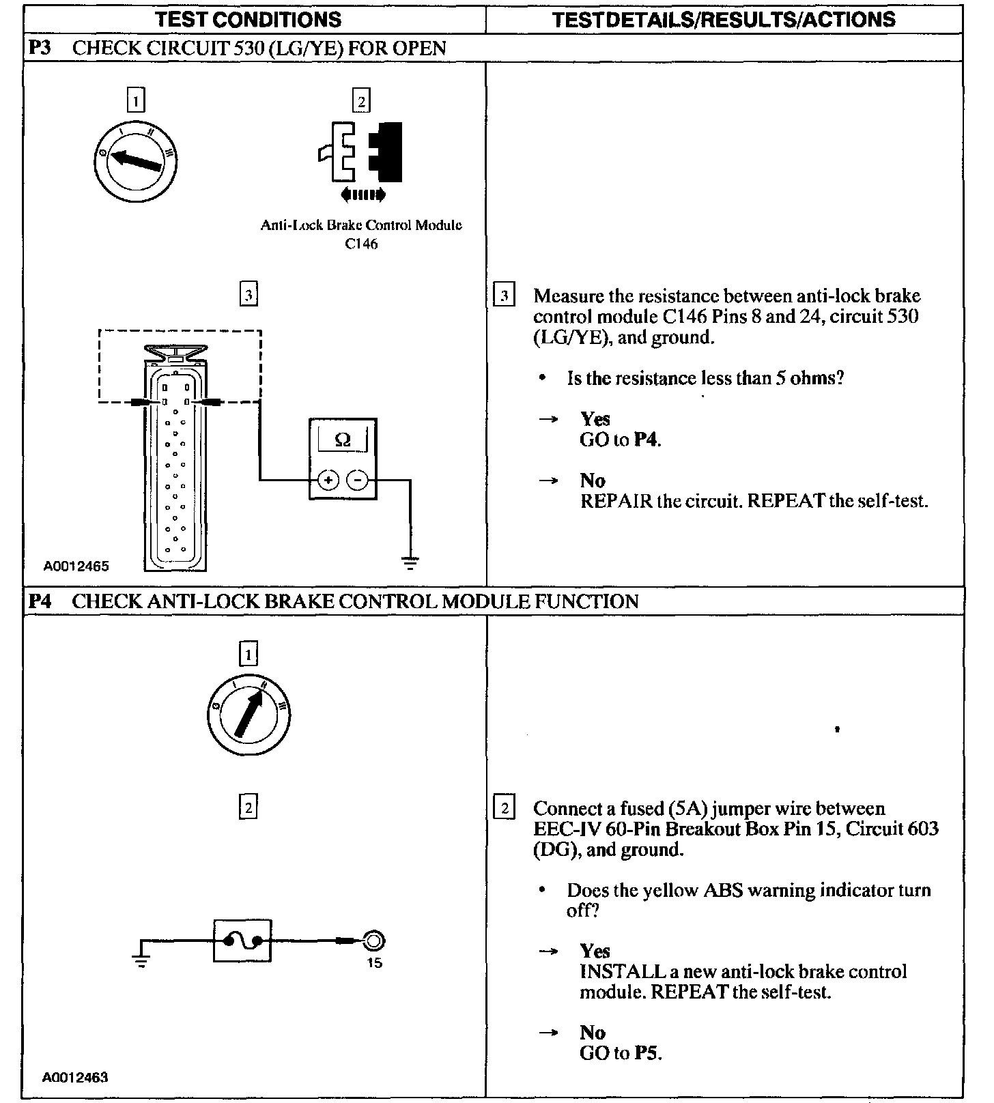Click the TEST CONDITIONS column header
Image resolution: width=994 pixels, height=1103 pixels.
point(248,19)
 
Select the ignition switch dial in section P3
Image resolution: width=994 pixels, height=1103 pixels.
point(135,161)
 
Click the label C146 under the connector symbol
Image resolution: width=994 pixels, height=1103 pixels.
point(361,244)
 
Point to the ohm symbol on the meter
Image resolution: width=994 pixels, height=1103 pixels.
point(343,440)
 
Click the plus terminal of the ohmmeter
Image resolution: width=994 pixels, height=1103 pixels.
point(328,481)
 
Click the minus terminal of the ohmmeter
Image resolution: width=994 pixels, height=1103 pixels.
point(358,481)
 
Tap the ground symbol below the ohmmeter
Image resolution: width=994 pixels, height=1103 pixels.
point(410,563)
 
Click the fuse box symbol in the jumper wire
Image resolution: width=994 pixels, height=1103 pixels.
point(242,941)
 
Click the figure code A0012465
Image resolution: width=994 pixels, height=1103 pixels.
point(76,566)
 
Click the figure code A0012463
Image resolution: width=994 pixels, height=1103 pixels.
point(75,1077)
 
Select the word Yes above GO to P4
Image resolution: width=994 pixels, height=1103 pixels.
point(595,418)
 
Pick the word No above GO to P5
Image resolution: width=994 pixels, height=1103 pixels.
point(593,1032)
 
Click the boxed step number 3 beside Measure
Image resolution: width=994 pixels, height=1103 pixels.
point(504,296)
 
